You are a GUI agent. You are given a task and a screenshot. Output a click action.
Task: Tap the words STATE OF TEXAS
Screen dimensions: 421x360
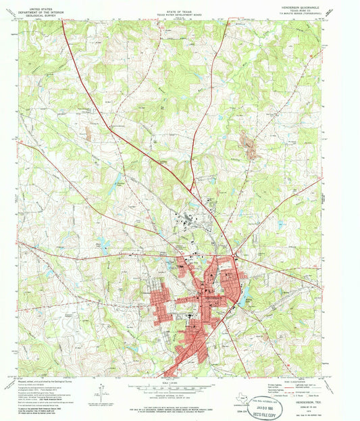pos(180,7)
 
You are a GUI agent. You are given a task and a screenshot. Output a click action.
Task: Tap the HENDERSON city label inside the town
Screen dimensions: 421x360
pos(211,297)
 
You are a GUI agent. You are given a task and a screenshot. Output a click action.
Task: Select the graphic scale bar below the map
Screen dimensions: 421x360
pos(180,388)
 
